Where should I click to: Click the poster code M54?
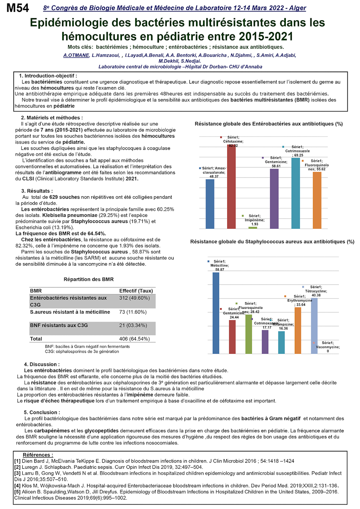(x=18, y=8)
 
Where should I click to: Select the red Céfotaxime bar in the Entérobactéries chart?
(x=231, y=186)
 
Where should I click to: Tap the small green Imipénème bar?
(x=253, y=227)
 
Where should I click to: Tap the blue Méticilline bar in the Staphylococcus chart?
(x=216, y=313)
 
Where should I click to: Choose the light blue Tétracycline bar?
(x=314, y=326)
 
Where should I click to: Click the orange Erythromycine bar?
(x=298, y=330)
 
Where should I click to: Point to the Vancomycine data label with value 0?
(x=328, y=347)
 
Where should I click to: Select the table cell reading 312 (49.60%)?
(x=135, y=298)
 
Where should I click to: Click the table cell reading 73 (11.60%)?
(x=133, y=312)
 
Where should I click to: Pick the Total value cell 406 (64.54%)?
(x=135, y=339)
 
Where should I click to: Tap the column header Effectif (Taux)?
(x=136, y=291)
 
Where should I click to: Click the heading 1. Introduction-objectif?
(x=48, y=76)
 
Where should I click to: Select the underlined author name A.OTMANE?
(x=76, y=55)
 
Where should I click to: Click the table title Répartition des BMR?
(x=89, y=279)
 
